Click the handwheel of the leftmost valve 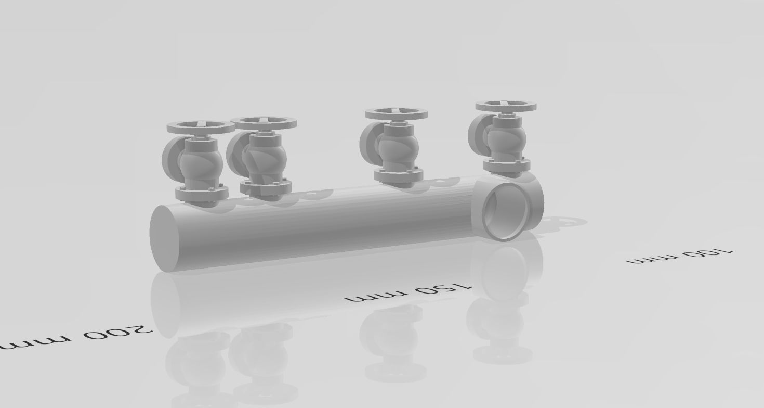click(201, 126)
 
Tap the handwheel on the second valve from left click(263, 123)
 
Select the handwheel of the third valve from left click(396, 113)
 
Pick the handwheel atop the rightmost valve click(506, 107)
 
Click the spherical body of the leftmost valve click(201, 164)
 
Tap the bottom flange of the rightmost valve click(507, 165)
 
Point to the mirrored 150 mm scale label click(409, 294)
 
